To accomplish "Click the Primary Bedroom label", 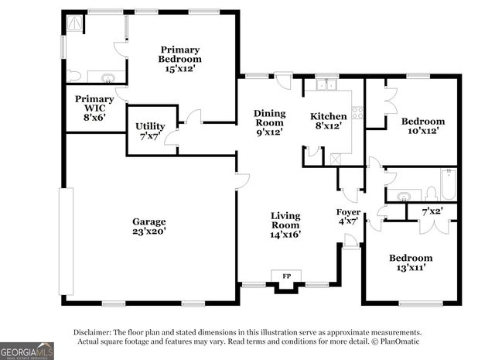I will pos(179,58).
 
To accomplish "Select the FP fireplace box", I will pos(285,276).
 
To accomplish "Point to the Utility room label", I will pos(149,131).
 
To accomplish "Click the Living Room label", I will pos(285,224).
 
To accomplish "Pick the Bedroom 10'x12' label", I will pos(422,126).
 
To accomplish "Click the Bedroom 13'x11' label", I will pos(411,262).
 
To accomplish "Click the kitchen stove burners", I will pos(357,112).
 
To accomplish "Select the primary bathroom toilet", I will pos(73,76).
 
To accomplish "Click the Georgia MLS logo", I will pos(27,351).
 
